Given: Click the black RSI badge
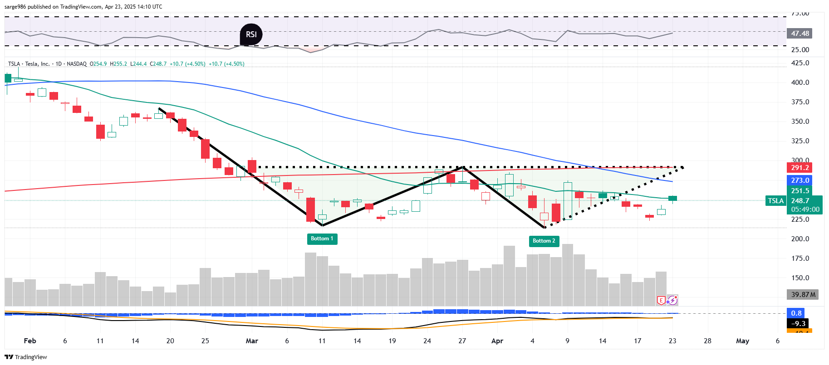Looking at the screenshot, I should click(251, 34).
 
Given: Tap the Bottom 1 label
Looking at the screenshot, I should click(322, 238).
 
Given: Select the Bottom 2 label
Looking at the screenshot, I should click(544, 241).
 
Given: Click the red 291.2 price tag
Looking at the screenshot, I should click(800, 168).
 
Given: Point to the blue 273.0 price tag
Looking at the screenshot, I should click(800, 180).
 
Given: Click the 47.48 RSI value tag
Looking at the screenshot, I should click(800, 34).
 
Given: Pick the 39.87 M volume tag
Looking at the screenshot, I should click(803, 295).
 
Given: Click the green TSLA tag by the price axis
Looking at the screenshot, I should click(776, 201).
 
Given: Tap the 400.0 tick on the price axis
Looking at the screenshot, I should click(800, 83).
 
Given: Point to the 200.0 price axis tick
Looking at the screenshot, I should click(800, 239).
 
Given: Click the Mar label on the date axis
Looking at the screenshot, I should click(252, 341).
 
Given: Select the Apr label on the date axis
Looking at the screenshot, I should click(497, 341).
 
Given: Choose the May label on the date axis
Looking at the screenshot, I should click(742, 341).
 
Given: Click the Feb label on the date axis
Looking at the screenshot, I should click(30, 341).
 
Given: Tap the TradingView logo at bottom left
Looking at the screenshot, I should click(26, 357).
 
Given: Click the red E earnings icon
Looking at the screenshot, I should click(661, 300).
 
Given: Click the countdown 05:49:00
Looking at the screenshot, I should click(805, 209).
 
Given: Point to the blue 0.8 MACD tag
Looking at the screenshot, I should click(796, 313).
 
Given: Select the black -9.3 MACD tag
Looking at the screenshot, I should click(798, 324).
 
